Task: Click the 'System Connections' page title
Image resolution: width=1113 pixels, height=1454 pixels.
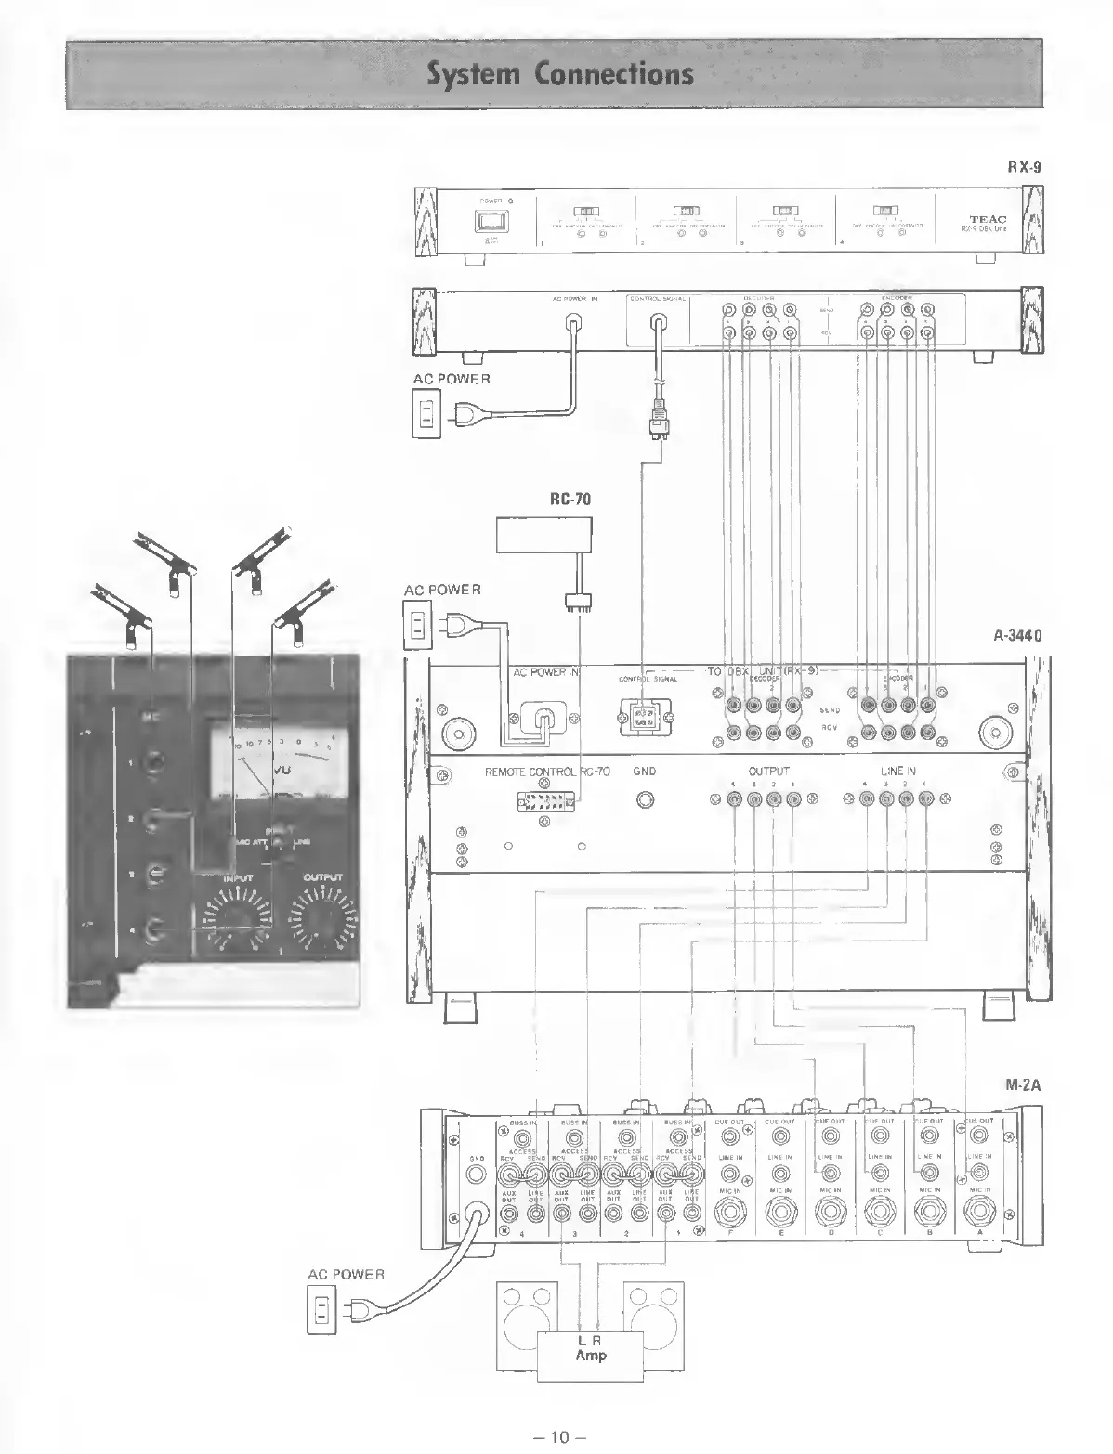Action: click(x=560, y=73)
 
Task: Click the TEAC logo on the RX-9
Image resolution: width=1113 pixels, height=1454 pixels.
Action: click(x=987, y=220)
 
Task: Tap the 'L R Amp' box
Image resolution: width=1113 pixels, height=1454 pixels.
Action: click(x=591, y=1348)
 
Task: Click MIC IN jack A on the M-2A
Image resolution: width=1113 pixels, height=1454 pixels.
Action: click(x=979, y=1212)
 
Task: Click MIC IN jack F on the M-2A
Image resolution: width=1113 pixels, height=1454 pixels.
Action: click(x=728, y=1212)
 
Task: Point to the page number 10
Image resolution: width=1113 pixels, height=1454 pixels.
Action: click(x=557, y=1436)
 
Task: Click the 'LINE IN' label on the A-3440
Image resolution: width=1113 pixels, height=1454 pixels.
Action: click(x=897, y=772)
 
